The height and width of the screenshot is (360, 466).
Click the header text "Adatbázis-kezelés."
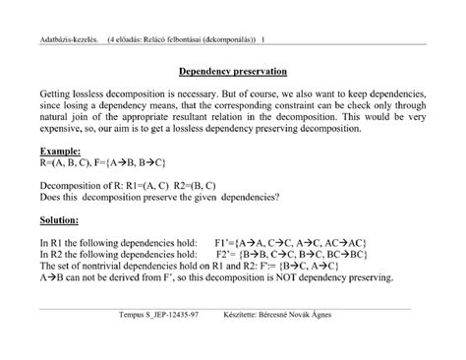61,41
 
